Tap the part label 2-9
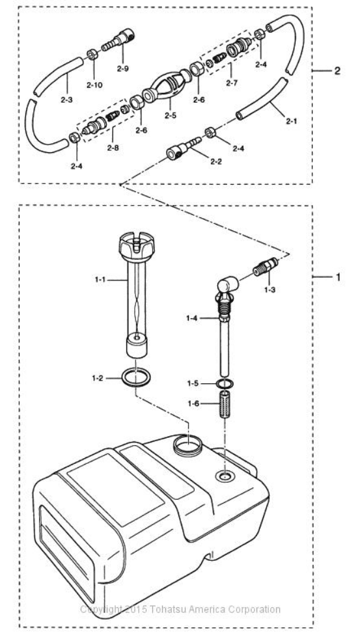tap(122, 69)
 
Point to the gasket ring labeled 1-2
tap(136, 377)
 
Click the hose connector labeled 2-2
tap(183, 149)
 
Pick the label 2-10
tap(94, 85)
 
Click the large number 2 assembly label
tap(337, 71)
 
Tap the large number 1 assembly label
tap(338, 277)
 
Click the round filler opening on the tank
tap(188, 444)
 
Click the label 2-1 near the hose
tap(291, 121)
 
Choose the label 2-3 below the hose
tap(66, 100)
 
